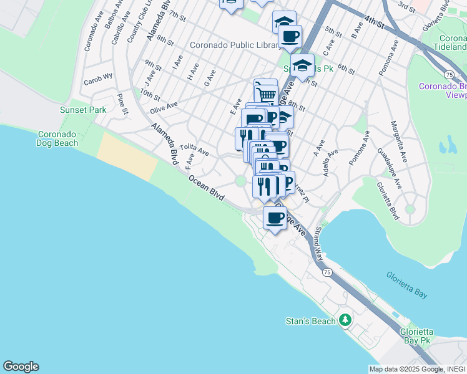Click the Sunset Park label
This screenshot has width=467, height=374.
[83, 110]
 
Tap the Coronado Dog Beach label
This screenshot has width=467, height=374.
[58, 138]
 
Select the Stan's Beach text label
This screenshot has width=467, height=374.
[310, 321]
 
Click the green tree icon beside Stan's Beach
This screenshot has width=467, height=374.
[345, 320]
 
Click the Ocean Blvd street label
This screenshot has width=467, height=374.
[207, 187]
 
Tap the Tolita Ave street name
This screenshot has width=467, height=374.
[194, 149]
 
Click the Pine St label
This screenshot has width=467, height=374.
[122, 105]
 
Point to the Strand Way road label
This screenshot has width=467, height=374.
[318, 243]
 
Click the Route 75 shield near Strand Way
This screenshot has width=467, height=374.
[327, 272]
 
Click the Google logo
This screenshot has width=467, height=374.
[21, 367]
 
